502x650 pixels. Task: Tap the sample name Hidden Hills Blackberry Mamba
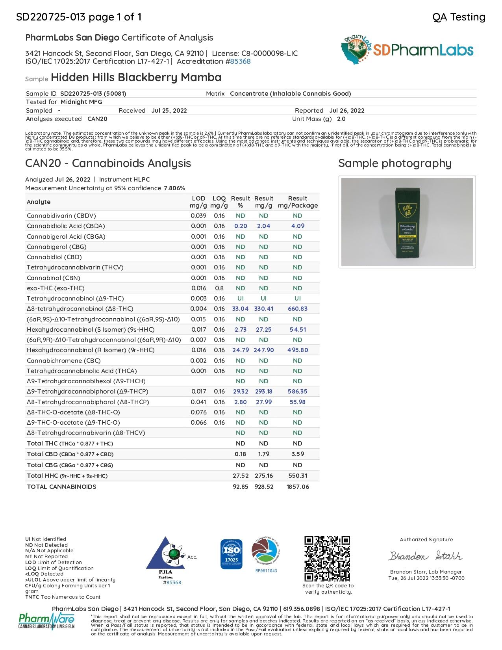point(136,77)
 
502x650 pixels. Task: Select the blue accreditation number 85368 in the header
point(240,61)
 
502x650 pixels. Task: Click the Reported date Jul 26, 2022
point(347,111)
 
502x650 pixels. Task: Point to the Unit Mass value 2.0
point(341,119)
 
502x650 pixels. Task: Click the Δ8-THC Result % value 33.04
point(240,309)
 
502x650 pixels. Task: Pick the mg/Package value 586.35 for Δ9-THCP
point(298,392)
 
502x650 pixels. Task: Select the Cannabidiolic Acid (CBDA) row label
point(66,226)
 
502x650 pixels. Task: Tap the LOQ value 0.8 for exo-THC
point(219,288)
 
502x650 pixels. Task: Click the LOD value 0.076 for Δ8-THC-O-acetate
point(198,412)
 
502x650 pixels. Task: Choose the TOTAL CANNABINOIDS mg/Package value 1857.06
point(298,487)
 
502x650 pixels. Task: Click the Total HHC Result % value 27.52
point(240,476)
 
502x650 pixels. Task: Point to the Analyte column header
point(39,202)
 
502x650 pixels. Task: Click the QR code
point(327,558)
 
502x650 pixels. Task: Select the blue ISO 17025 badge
point(232,554)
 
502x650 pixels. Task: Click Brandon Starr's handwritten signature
point(426,556)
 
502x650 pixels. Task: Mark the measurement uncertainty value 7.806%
point(174,188)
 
